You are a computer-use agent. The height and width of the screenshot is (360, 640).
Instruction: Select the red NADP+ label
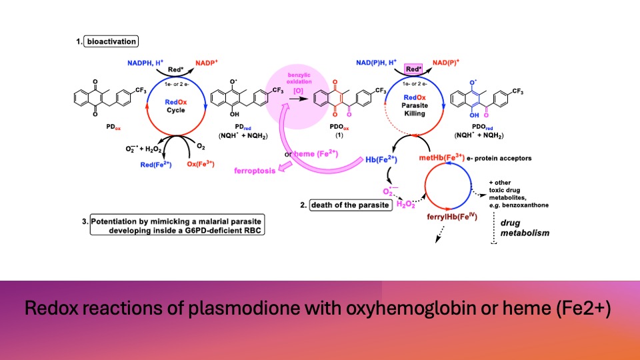(209, 63)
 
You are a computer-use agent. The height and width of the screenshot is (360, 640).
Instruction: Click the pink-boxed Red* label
(414, 69)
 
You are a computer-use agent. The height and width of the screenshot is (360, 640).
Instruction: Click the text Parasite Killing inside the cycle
(413, 109)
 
